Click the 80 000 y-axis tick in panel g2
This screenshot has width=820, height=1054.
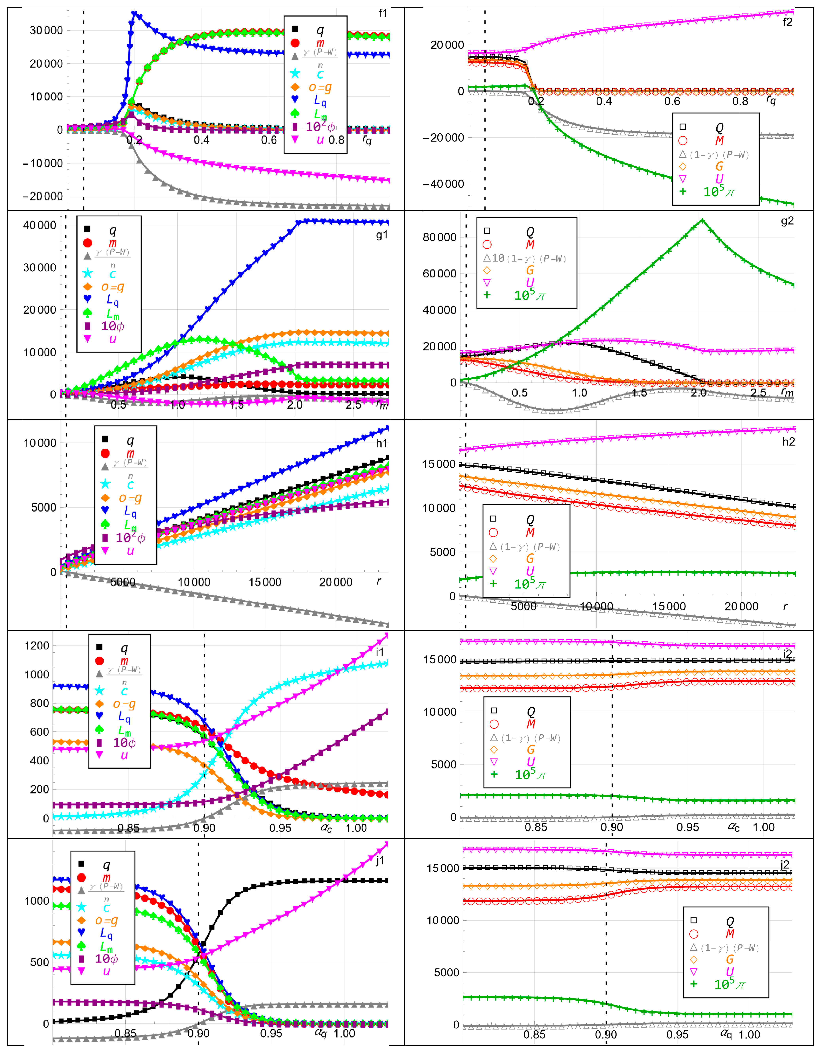[x=439, y=237]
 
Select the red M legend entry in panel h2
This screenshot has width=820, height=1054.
[x=530, y=532]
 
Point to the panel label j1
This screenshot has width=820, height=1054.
[x=380, y=860]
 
